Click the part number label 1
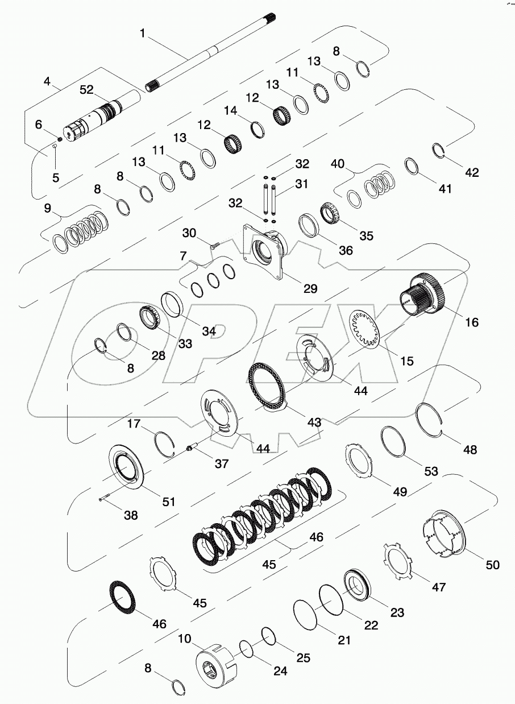click(143, 34)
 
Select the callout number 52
click(86, 89)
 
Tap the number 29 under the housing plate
click(310, 289)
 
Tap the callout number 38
click(131, 516)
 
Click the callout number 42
click(472, 173)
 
